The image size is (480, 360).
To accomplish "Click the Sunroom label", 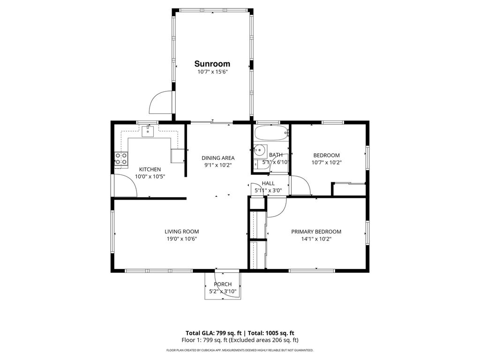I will point(212,64).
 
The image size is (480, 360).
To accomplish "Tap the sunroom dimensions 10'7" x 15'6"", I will point(212,72).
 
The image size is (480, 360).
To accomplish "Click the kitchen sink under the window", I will point(148,130).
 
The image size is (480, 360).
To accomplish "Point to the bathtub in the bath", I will point(271,135).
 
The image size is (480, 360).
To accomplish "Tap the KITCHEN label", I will point(150,169).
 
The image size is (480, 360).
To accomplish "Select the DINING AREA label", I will point(218,158).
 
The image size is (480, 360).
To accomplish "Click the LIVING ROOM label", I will point(181,231).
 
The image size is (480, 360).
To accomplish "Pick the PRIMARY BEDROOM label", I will point(316,232).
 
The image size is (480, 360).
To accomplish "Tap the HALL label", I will point(268,183).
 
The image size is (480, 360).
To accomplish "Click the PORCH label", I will point(223,284).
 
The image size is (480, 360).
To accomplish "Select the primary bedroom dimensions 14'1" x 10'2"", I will point(316,239).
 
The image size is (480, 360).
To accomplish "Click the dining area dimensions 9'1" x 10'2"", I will point(218,165).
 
